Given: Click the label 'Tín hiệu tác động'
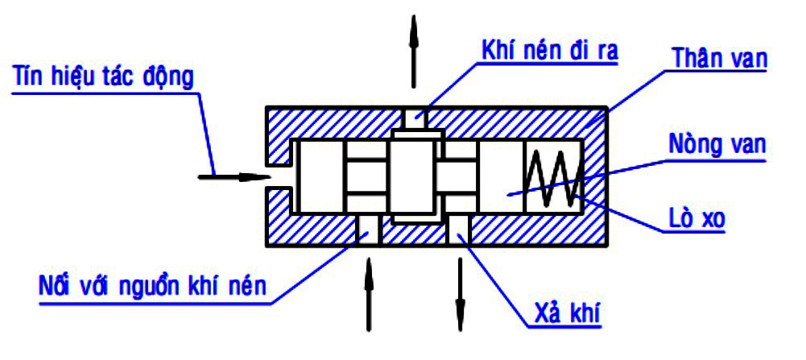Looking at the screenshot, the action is click(x=102, y=78).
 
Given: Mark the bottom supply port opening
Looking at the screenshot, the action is click(x=369, y=229).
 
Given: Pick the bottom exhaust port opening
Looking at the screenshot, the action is click(x=460, y=229).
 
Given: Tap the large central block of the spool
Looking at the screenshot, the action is click(x=415, y=176).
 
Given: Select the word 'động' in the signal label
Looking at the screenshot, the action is click(x=171, y=78).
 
